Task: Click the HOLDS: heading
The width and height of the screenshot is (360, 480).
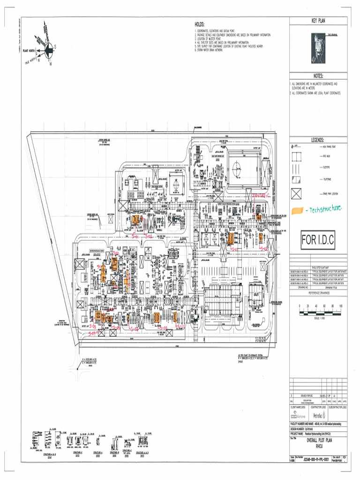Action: pos(200,24)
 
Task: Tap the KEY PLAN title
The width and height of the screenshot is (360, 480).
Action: pos(318,21)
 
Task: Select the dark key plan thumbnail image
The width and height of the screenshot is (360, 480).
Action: pos(318,49)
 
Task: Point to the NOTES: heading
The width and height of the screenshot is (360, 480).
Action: pos(318,76)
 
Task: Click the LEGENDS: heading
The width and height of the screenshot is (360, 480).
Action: pos(318,140)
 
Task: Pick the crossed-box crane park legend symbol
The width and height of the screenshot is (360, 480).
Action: pos(296,194)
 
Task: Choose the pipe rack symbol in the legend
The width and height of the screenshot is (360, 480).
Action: pos(296,155)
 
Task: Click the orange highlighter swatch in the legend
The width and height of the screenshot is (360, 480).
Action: pos(296,211)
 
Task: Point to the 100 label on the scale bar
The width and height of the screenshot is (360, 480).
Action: pos(341,306)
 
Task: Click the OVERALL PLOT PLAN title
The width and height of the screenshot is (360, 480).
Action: pos(318,442)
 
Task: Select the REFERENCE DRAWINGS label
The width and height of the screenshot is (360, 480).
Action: pos(318,292)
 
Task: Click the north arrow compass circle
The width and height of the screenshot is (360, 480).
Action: pos(48,48)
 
